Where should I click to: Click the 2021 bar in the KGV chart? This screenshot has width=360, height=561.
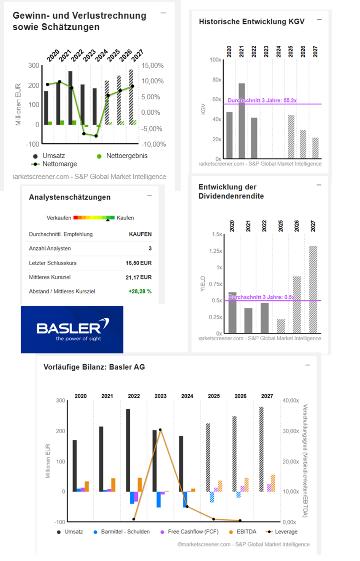coord(242,121)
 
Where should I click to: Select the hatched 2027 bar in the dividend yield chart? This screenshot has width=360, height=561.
coord(313,289)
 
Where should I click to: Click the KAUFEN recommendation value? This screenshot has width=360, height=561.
coord(140,234)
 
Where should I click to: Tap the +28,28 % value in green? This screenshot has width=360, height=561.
coord(140,291)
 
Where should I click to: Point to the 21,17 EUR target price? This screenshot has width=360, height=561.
coord(139,277)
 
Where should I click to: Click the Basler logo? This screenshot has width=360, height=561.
coord(72,330)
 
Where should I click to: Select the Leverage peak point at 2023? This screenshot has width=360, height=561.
coord(160,430)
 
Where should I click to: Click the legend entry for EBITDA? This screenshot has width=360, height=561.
coord(243,532)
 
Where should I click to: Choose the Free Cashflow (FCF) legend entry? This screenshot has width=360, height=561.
coord(189,532)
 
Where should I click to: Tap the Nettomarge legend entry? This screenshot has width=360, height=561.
coord(54,164)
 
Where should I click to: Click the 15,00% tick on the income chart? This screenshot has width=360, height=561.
coord(152,66)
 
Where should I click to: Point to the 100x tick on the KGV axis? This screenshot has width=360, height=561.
coord(216,60)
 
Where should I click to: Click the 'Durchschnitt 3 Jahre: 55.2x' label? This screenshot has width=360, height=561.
coord(262,101)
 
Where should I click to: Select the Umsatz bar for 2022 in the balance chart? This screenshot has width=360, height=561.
coord(128,450)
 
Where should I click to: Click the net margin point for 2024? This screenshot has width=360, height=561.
coord(96,136)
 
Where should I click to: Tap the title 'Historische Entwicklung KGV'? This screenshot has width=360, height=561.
coord(251,22)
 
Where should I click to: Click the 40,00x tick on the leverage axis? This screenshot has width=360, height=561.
coord(291,401)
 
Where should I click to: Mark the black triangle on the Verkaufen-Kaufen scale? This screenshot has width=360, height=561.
coord(108,220)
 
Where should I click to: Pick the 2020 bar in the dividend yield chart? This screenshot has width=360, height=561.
coord(232,313)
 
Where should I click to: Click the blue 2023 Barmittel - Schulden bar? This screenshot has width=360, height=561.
coord(158,499)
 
